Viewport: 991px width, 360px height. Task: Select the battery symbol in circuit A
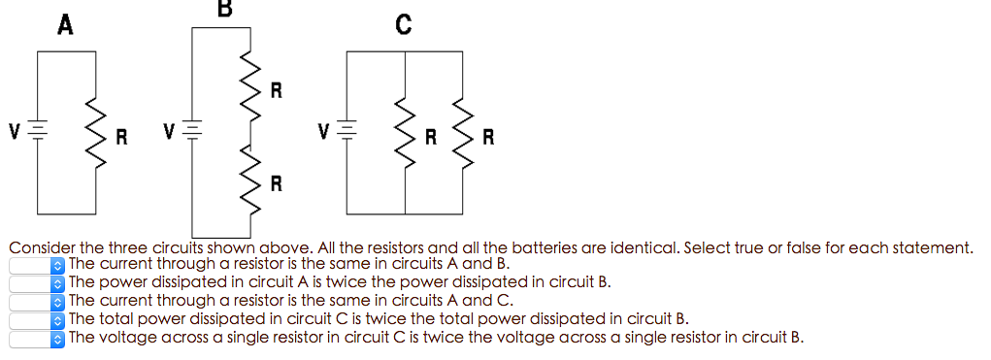pos(38,129)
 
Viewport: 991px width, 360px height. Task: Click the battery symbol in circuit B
pos(192,129)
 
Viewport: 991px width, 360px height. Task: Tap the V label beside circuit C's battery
pos(328,129)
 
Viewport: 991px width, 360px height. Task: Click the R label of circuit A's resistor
pos(121,137)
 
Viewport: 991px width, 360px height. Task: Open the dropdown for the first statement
pos(37,264)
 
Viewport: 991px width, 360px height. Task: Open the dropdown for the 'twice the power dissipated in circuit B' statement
pos(37,282)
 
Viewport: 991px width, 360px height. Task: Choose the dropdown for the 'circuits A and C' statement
pos(37,301)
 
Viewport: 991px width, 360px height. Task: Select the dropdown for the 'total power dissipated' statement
pos(37,319)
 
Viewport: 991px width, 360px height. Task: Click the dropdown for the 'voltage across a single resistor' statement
pos(37,338)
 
